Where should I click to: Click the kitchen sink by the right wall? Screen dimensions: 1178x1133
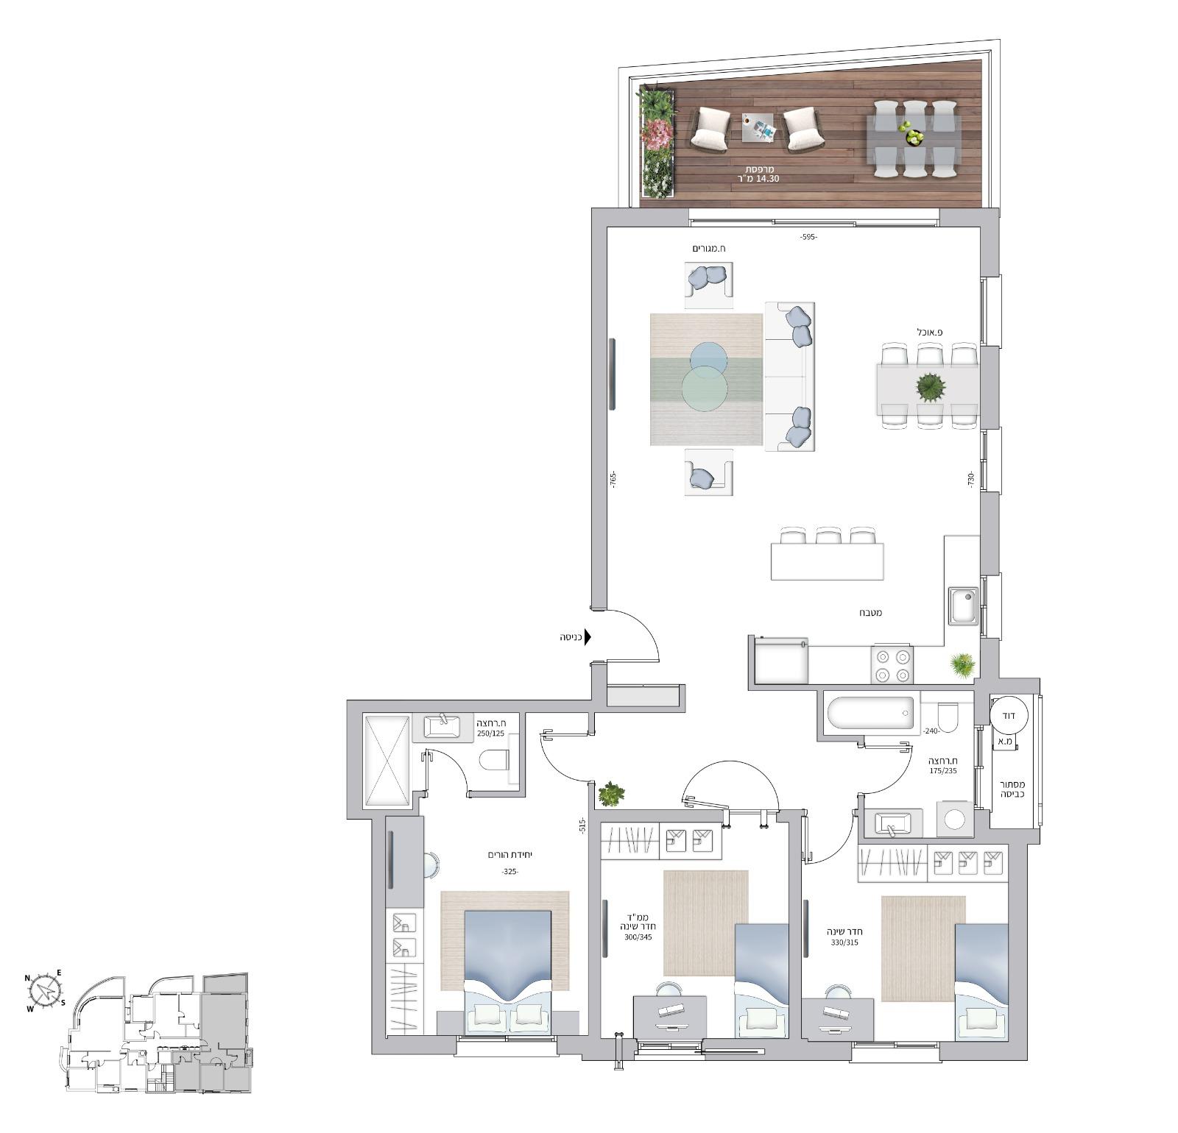click(963, 605)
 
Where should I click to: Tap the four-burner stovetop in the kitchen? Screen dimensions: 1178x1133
click(892, 664)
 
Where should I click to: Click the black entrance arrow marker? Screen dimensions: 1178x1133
click(588, 637)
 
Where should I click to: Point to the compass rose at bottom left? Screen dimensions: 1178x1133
click(46, 990)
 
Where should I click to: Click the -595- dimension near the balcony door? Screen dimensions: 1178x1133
click(808, 237)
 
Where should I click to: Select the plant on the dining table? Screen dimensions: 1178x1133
click(931, 386)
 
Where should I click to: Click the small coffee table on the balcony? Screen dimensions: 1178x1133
click(759, 128)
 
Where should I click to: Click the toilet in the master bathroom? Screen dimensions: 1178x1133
click(494, 760)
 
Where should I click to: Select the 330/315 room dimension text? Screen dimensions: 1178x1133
click(844, 942)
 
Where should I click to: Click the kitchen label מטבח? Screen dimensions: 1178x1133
click(870, 613)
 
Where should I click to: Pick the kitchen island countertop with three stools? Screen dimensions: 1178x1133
click(827, 561)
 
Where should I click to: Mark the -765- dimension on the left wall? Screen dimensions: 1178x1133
click(613, 478)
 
